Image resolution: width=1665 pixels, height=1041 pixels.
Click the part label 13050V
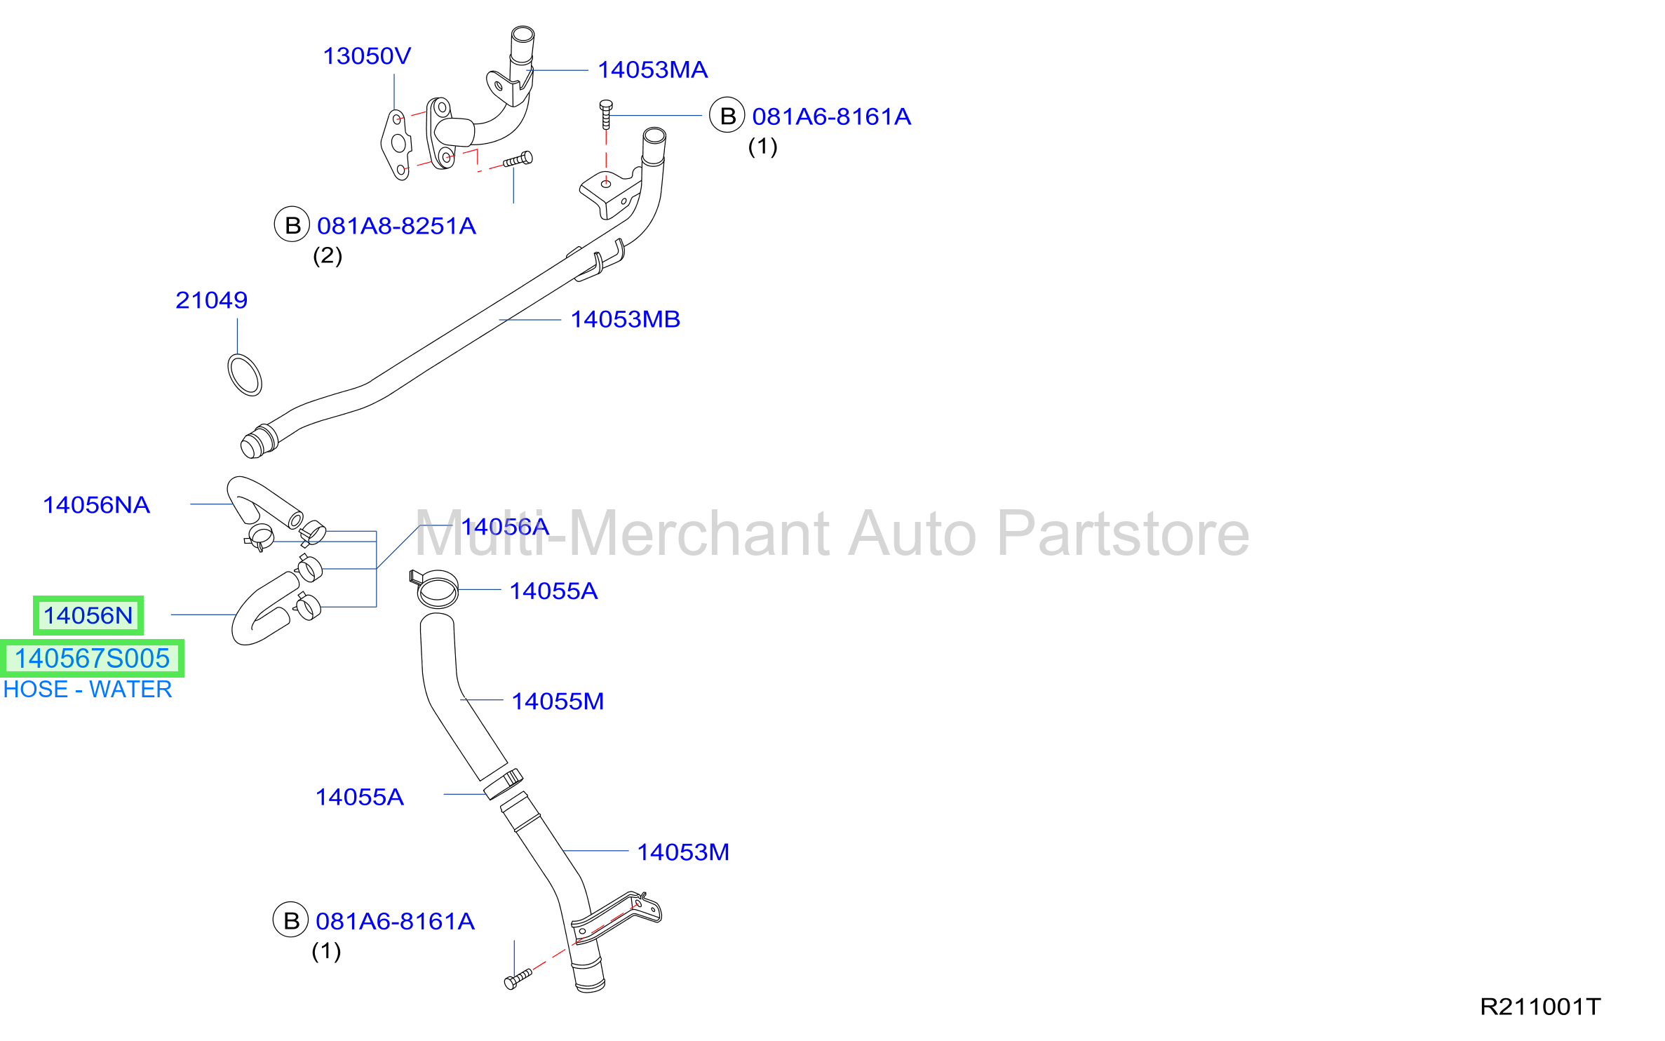(x=367, y=56)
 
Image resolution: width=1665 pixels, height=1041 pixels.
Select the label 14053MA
(x=652, y=70)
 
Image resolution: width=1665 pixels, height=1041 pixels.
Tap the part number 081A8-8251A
(x=396, y=226)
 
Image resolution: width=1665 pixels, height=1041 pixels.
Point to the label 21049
(x=211, y=300)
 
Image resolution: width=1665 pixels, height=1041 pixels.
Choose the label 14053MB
(x=625, y=320)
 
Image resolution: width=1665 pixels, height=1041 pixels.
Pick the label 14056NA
(x=97, y=505)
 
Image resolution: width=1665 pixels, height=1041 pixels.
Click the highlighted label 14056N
(x=88, y=616)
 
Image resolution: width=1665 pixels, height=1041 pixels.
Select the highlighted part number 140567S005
(x=92, y=659)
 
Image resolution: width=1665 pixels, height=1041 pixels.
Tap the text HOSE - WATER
(x=88, y=690)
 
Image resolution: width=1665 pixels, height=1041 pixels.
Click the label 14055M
(x=558, y=701)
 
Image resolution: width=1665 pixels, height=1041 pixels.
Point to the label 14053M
(x=683, y=852)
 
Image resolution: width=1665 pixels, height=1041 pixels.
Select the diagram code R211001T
(x=1540, y=1007)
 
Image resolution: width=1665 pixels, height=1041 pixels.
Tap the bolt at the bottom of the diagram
(x=518, y=979)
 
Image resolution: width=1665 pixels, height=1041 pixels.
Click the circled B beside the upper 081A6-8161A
(x=727, y=115)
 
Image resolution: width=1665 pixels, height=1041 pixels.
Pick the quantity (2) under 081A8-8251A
(x=328, y=256)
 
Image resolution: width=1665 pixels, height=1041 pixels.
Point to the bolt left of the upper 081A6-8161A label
(x=606, y=114)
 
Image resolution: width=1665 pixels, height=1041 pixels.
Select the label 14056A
(x=505, y=527)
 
